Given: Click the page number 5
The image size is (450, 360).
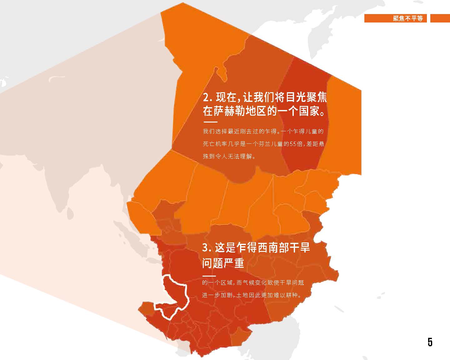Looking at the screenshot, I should (430, 342).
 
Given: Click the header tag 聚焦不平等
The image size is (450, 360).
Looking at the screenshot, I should (407, 18).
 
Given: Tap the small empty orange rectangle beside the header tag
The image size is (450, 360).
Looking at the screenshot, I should (440, 18).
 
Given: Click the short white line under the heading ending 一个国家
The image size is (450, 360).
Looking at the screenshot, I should (210, 122).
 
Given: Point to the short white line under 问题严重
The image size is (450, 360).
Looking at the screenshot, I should (209, 276).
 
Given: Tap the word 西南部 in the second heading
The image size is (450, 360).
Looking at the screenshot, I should (268, 248).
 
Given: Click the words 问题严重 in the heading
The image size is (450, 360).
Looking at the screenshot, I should (223, 263).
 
